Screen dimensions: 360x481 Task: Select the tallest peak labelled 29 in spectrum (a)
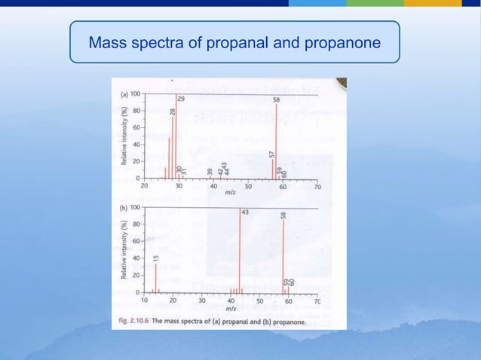click(176, 136)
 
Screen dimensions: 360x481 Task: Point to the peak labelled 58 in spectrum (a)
click(277, 139)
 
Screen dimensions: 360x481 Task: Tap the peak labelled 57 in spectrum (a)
click(272, 168)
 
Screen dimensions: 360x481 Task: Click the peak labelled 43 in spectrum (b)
click(240, 249)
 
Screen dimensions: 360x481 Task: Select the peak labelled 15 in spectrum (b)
click(156, 277)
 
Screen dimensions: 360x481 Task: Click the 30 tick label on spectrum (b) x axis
click(202, 300)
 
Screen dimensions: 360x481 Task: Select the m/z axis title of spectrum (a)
click(230, 194)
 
